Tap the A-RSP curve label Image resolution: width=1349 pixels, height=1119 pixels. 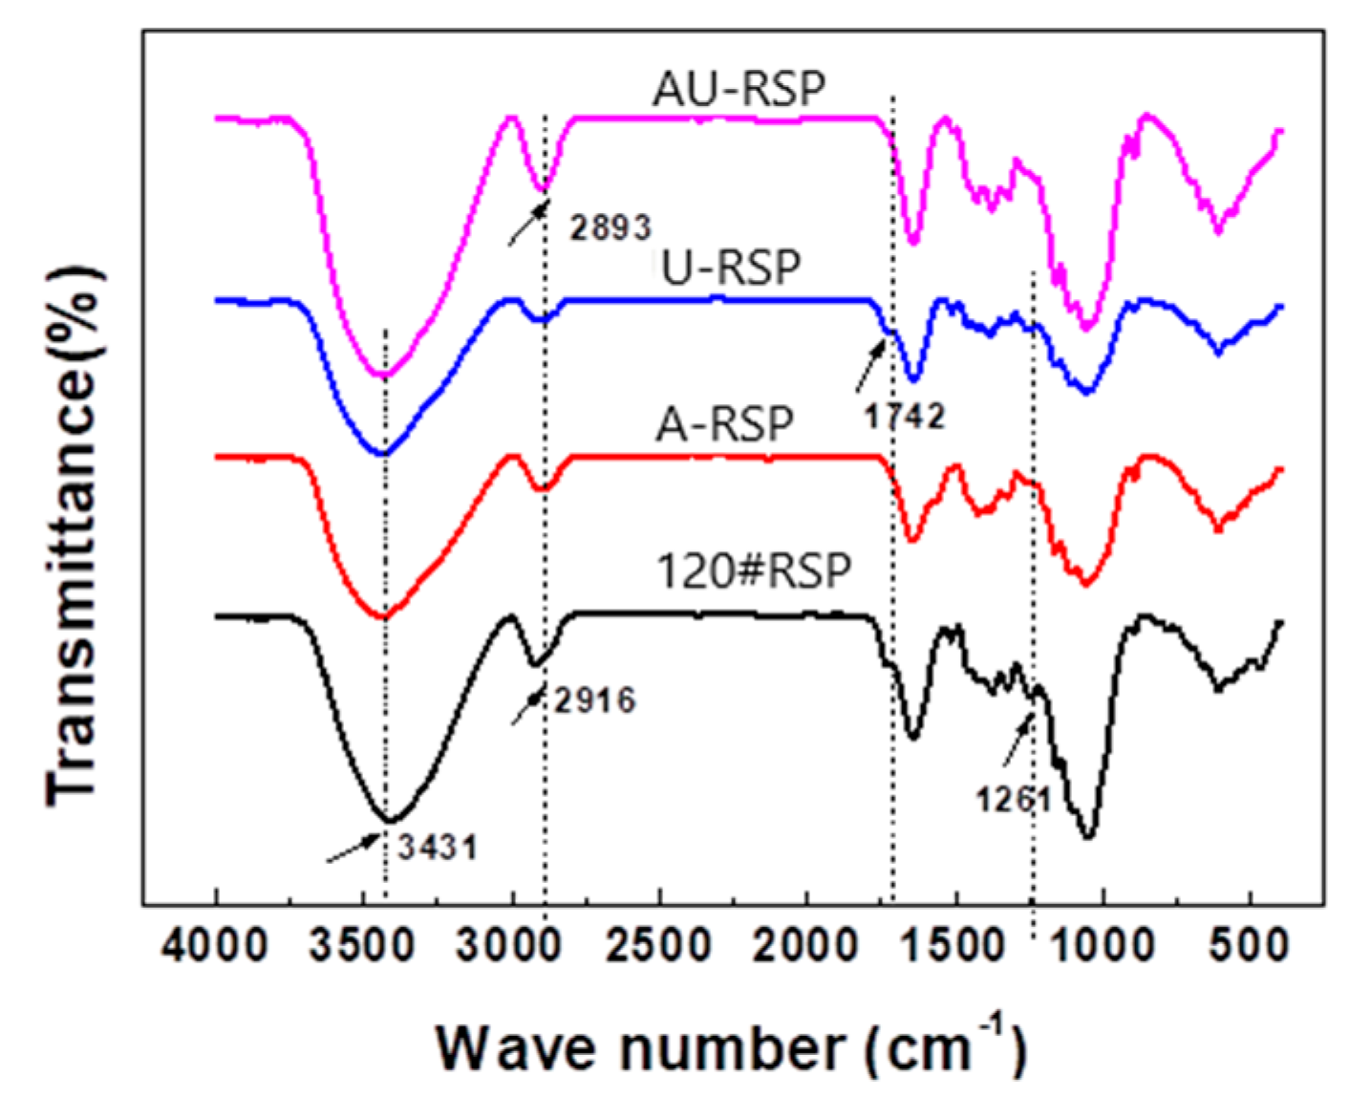coord(724,423)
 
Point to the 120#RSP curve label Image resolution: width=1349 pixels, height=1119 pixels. coord(753,571)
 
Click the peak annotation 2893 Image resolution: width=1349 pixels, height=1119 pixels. coord(610,227)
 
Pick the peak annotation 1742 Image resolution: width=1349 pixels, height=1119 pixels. coord(904,416)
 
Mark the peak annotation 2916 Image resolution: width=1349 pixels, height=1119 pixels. coord(594,700)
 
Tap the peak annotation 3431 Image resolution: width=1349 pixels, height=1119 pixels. coord(437,847)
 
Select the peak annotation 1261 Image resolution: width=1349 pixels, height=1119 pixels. coord(1013,799)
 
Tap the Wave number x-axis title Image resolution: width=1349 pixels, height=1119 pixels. coord(731,1048)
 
